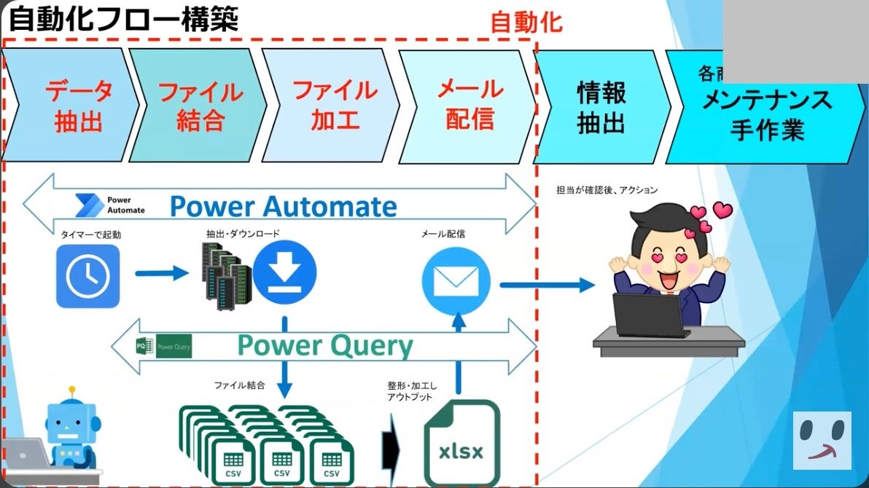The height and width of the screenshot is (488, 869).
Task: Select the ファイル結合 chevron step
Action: point(200,105)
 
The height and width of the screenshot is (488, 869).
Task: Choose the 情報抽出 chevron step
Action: point(601,106)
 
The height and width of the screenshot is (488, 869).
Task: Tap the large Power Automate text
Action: point(284,207)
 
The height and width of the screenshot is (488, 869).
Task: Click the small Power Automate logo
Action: point(110,205)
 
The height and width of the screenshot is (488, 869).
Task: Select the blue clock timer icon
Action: point(87,275)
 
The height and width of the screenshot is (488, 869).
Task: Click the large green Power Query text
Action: point(325,345)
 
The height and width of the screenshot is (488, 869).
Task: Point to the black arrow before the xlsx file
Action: point(391,441)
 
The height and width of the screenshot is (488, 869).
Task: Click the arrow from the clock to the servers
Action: point(161,274)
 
